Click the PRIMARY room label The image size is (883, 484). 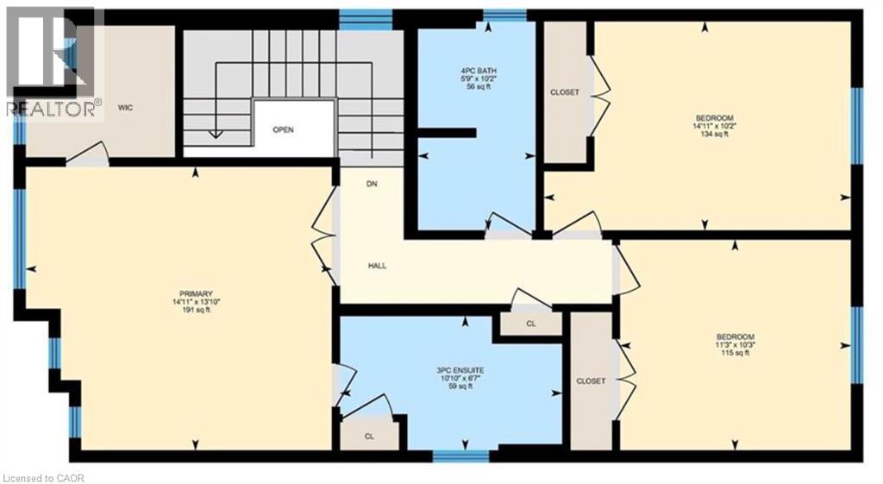coord(191,293)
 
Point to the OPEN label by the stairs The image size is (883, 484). coord(283,130)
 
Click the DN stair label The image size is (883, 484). coord(373,184)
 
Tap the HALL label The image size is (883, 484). coord(378,266)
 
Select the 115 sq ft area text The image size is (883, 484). coord(736,353)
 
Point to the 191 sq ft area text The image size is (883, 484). coord(191,310)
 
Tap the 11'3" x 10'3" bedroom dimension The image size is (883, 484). coord(736,345)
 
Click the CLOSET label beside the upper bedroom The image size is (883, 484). coord(565,92)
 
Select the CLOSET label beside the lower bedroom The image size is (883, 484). coord(592,381)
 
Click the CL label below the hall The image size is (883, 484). coord(531,324)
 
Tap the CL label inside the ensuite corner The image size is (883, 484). coord(369,436)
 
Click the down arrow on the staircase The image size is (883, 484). coord(215,135)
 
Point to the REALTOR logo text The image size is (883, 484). coord(52,107)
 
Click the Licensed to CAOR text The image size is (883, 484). coord(45,477)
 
